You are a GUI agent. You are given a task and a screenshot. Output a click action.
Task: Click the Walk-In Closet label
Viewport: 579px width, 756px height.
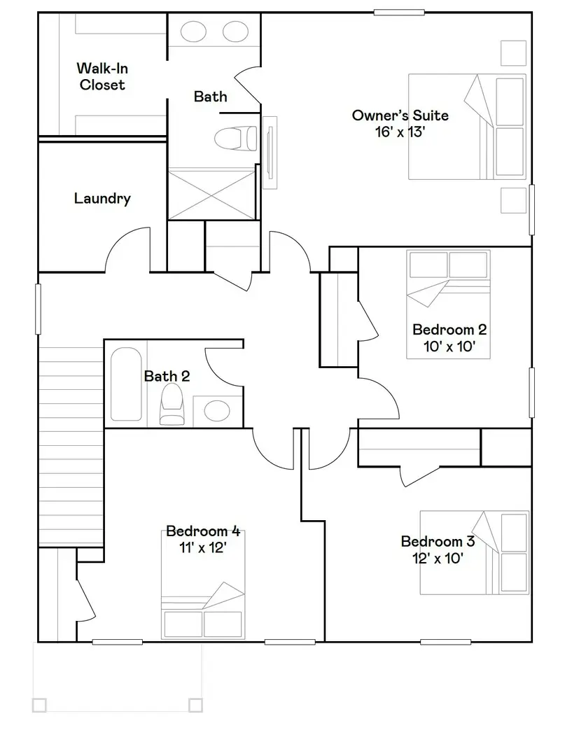(102, 77)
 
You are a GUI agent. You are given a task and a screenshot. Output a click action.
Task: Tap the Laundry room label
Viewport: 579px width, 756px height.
(102, 199)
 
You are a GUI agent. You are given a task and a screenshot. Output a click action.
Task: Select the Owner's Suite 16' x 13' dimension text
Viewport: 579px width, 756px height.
(400, 132)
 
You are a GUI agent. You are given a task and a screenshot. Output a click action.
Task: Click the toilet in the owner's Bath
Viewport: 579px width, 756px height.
(235, 139)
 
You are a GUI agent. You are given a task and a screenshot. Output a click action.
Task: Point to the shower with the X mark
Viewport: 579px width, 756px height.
(213, 193)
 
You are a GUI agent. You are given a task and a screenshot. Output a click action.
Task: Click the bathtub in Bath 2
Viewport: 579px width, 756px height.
(126, 384)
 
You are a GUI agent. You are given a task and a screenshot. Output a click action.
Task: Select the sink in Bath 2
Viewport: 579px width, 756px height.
(218, 410)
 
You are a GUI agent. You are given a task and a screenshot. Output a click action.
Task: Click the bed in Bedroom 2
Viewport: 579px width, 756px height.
(448, 304)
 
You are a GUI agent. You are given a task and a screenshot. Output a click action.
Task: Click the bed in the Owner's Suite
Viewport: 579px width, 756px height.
(467, 127)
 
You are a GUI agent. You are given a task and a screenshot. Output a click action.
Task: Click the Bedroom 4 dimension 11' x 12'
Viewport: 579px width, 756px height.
(203, 548)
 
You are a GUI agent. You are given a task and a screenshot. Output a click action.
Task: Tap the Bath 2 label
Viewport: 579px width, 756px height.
(167, 377)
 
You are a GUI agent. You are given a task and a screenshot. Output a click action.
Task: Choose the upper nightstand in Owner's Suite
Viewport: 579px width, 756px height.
(513, 53)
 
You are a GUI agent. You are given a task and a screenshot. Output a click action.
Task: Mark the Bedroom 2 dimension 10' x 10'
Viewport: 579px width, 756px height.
(449, 346)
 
